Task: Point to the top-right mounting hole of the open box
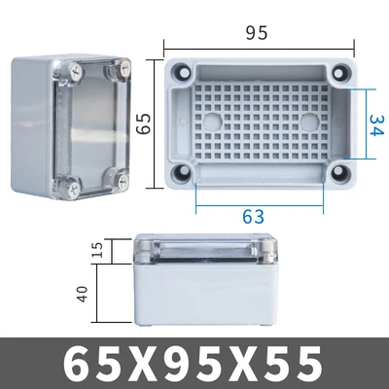[x=342, y=74]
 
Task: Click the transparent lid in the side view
[x=202, y=250]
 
